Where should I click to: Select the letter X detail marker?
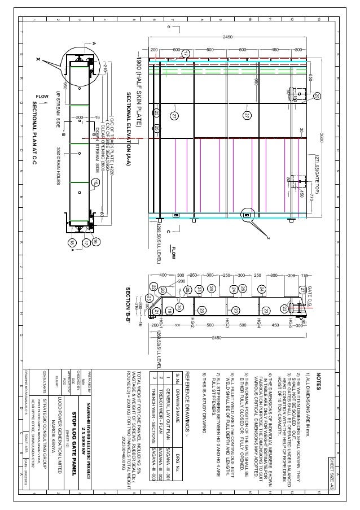tap(38, 58)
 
